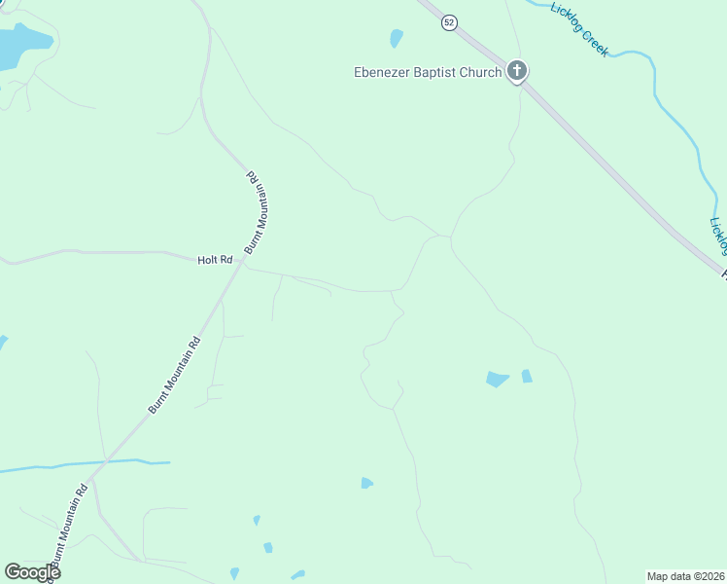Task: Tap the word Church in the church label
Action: (481, 72)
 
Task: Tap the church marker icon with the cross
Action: (517, 71)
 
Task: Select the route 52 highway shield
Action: (448, 22)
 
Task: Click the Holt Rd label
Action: (215, 260)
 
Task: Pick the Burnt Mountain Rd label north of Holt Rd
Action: (256, 212)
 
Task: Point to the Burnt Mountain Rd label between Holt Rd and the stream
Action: (175, 375)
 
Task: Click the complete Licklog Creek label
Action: (579, 28)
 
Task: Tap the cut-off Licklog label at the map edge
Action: (717, 235)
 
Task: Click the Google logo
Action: (32, 571)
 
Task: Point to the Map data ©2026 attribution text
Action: (684, 576)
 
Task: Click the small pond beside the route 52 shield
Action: (396, 39)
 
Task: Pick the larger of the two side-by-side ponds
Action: (497, 379)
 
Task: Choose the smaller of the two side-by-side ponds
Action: (526, 376)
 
